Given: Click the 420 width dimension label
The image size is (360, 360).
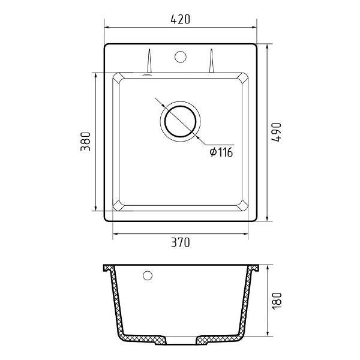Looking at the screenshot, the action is pos(180,19).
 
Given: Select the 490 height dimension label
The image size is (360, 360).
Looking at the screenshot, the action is pos(277,133).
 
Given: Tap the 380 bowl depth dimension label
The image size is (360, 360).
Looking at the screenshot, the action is pos(86,142).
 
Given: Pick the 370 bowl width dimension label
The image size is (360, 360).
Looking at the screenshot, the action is pos(181,242).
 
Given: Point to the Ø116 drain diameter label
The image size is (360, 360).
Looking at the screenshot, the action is pos(221,152).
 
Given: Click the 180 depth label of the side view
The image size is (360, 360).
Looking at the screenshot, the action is pos(277,301).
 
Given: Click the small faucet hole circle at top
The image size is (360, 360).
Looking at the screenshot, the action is pos(180,57).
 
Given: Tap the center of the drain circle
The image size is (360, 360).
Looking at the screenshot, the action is pos(181,121).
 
